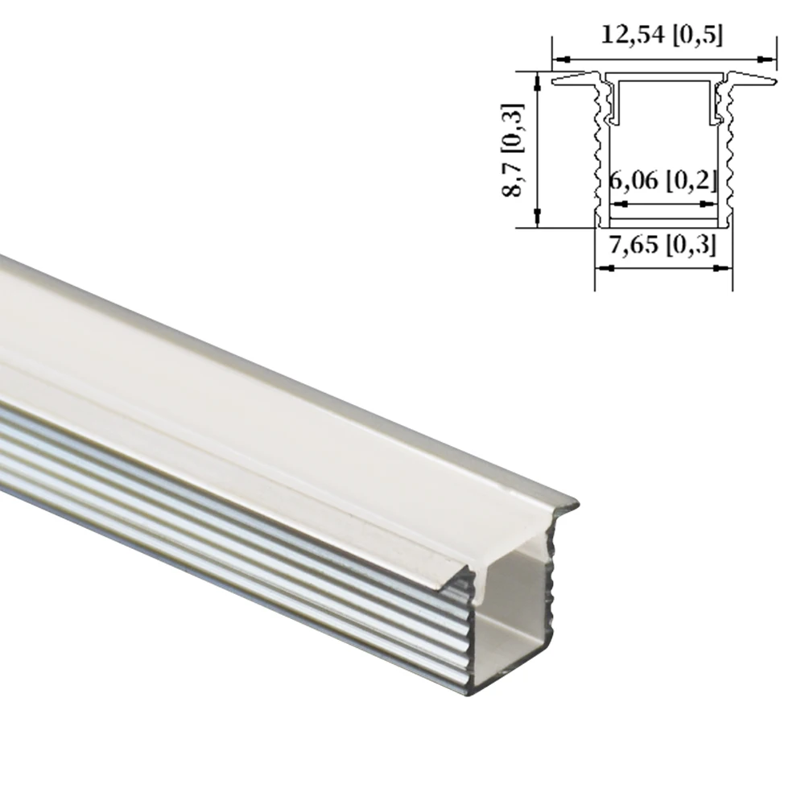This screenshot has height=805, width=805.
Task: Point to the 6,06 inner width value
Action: coord(663,180)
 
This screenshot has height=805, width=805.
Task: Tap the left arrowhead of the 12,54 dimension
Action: coord(559,59)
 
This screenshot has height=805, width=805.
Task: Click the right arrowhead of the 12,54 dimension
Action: coord(769,59)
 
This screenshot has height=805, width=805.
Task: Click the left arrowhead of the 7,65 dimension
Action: coord(601,269)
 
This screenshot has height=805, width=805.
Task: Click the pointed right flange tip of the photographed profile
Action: coord(575,506)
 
